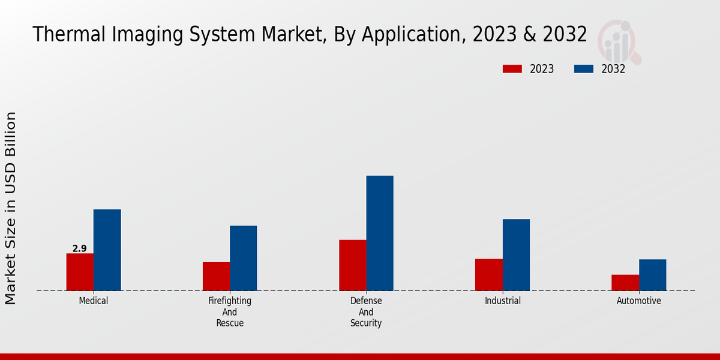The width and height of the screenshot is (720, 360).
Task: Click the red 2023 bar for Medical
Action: click(x=80, y=272)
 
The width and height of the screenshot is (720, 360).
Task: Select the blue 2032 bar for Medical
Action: click(x=107, y=250)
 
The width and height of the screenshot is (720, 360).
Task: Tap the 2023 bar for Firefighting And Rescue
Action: click(x=216, y=276)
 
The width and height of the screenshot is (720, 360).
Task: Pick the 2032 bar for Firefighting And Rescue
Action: click(x=243, y=258)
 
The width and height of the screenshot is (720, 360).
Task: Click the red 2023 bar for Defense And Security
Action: click(x=352, y=265)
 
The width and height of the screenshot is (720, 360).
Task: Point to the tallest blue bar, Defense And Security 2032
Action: click(x=380, y=233)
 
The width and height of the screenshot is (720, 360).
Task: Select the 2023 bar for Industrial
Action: click(x=488, y=274)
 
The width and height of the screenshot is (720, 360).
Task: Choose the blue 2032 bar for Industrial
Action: click(x=516, y=254)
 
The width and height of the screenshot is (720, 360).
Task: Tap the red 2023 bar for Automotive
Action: click(x=625, y=283)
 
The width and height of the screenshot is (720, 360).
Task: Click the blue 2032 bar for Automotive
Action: click(x=652, y=275)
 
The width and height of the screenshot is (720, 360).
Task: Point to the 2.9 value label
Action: click(x=79, y=248)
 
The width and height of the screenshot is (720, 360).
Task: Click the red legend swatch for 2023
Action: click(x=512, y=69)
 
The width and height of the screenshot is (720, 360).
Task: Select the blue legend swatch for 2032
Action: click(x=583, y=69)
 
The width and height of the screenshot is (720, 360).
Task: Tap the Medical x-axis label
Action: click(x=94, y=301)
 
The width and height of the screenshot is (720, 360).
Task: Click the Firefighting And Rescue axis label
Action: click(x=230, y=312)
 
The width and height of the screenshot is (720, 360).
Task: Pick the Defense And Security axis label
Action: click(x=366, y=312)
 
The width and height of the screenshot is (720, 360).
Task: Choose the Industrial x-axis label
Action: click(x=503, y=301)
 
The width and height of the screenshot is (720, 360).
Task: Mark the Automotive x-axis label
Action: click(x=639, y=301)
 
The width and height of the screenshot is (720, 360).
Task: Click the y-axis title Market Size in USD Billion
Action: click(x=11, y=208)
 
